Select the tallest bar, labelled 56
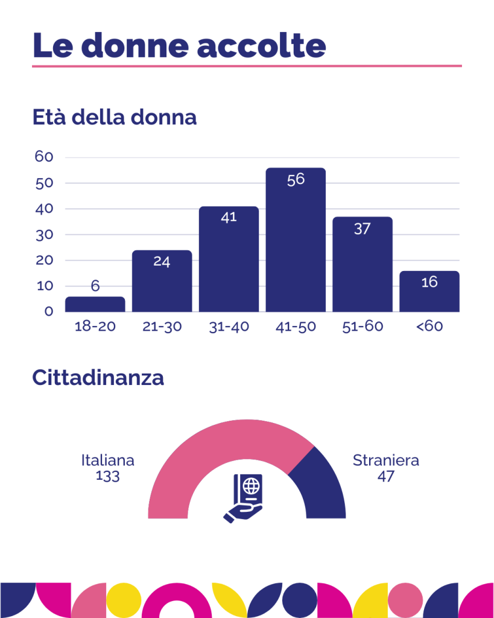point(296,241)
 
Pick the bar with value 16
point(429,296)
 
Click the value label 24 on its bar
point(162,262)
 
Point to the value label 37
point(362,229)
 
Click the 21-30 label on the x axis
point(162,327)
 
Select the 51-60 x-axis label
point(362,327)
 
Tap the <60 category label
point(429,327)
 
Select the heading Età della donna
point(115,117)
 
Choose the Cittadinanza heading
point(98,378)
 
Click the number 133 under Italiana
point(107,476)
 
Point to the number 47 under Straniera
point(385,476)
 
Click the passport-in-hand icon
point(247,497)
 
